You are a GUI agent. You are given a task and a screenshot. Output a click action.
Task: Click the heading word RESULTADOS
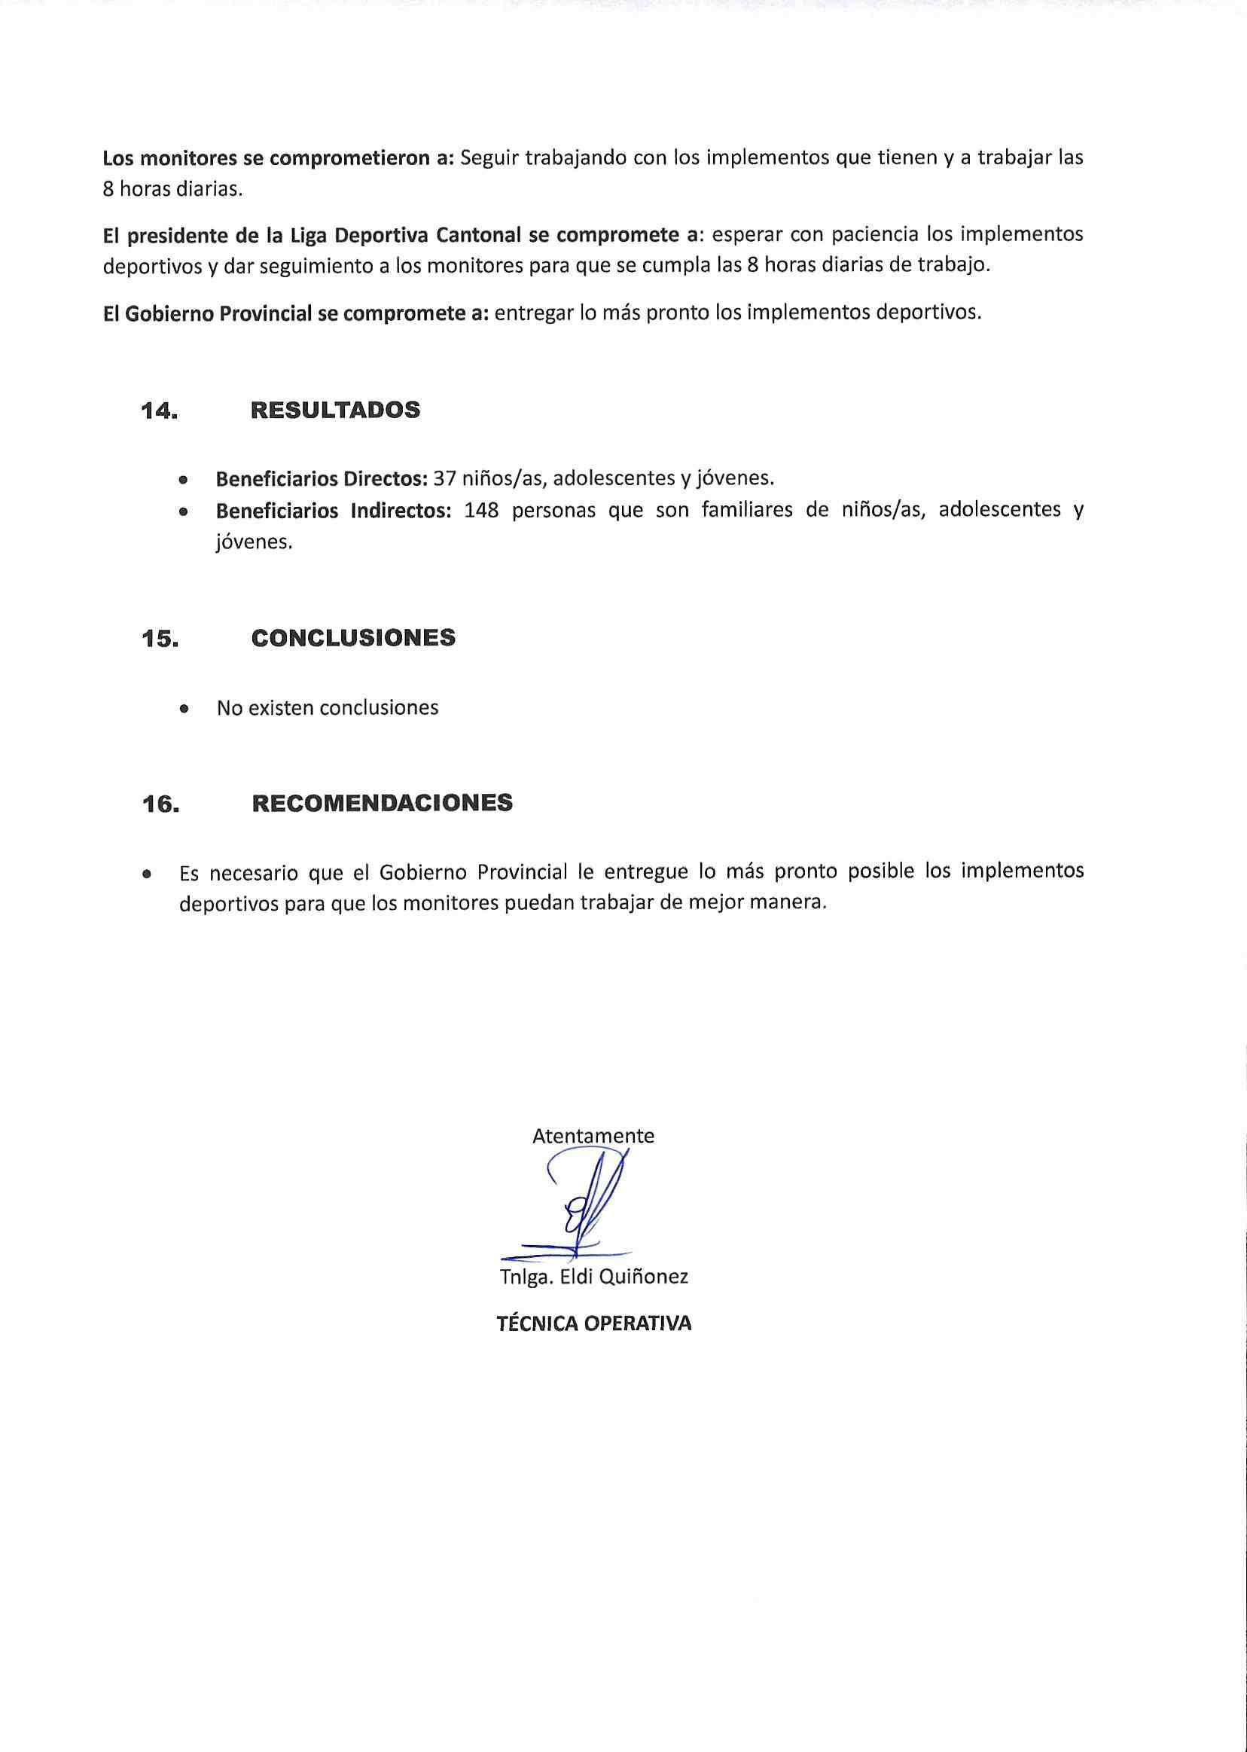(x=335, y=411)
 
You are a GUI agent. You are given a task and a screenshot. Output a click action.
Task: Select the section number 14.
(x=159, y=411)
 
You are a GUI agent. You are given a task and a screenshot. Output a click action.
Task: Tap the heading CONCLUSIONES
(x=353, y=638)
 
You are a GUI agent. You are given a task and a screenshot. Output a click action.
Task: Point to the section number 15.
(x=159, y=639)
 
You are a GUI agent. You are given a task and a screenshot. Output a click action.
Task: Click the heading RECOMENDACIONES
(x=382, y=804)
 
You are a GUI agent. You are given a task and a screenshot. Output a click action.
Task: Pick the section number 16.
(x=160, y=804)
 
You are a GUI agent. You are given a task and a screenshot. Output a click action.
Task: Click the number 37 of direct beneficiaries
(x=444, y=478)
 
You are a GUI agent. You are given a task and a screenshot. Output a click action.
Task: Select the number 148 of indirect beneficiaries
(x=481, y=510)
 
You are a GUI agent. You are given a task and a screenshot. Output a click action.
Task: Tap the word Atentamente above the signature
(x=593, y=1136)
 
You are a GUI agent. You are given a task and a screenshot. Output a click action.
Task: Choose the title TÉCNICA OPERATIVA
(x=593, y=1323)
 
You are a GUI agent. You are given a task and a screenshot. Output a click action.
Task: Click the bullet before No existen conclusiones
(x=183, y=709)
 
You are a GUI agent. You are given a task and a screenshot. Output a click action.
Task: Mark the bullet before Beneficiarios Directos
(x=183, y=480)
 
